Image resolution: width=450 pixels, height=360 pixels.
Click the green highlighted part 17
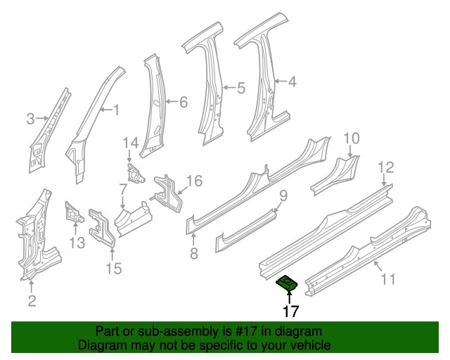[288, 283]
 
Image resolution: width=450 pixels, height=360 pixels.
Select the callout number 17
[290, 311]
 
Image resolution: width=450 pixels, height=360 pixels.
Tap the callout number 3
[30, 119]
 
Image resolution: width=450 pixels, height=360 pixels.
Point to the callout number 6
[183, 103]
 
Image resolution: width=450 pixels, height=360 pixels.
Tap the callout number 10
[351, 138]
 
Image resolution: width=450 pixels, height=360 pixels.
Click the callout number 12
[386, 167]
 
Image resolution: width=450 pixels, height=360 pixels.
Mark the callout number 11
[387, 280]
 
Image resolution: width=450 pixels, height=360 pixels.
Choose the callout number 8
[194, 251]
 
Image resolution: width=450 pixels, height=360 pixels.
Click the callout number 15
[113, 268]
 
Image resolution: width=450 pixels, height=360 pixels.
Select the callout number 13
[76, 243]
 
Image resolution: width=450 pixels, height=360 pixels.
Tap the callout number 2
[31, 302]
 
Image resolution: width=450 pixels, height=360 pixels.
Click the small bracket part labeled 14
[134, 172]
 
